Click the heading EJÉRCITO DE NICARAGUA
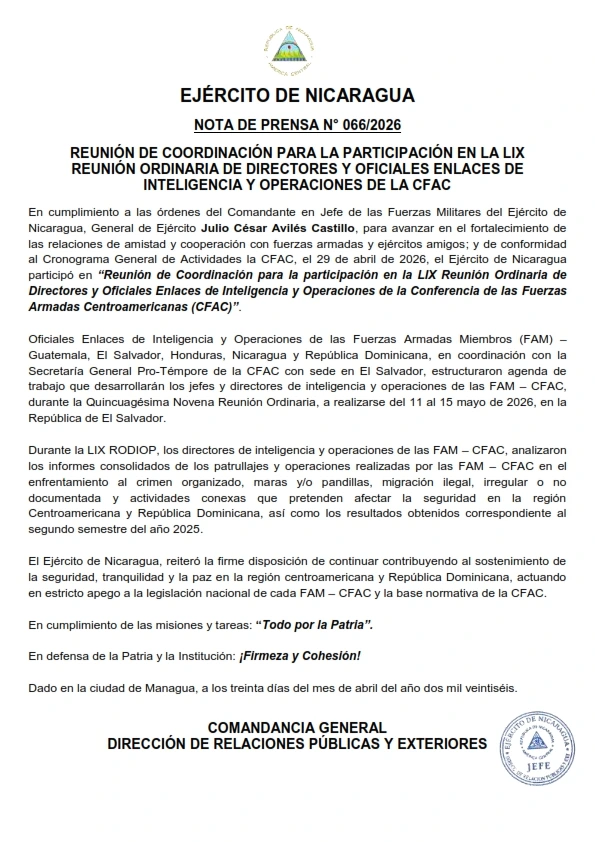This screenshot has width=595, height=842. point(297,97)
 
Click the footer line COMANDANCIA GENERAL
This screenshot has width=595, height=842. point(297,727)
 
